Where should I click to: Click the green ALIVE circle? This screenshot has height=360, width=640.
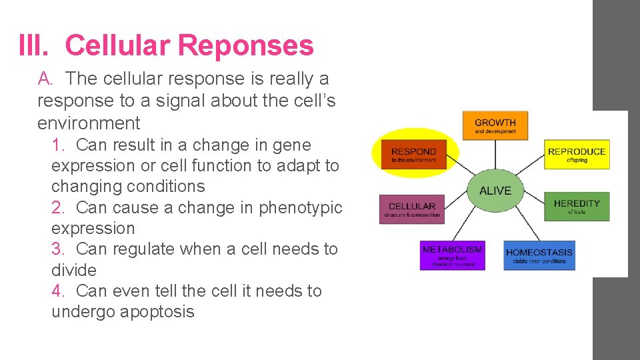point(495,191)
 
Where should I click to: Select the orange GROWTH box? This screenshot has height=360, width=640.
point(495,125)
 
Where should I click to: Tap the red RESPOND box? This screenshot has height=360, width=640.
point(414,154)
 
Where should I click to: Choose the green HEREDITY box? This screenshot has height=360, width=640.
point(577,206)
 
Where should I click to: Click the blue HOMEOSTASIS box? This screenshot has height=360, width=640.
point(539,255)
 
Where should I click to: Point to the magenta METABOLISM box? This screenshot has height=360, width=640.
point(452,255)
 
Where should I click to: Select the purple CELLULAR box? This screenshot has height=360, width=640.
point(412,209)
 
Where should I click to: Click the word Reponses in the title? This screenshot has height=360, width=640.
point(246,45)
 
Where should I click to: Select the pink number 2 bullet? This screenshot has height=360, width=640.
point(59,207)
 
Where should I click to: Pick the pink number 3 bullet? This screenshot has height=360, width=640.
point(59,249)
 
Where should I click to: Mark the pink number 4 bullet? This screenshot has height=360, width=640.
point(59,291)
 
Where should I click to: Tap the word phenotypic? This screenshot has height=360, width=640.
point(301,207)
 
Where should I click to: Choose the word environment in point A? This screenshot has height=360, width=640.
point(89,123)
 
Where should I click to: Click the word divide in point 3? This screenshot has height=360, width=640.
point(74,270)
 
